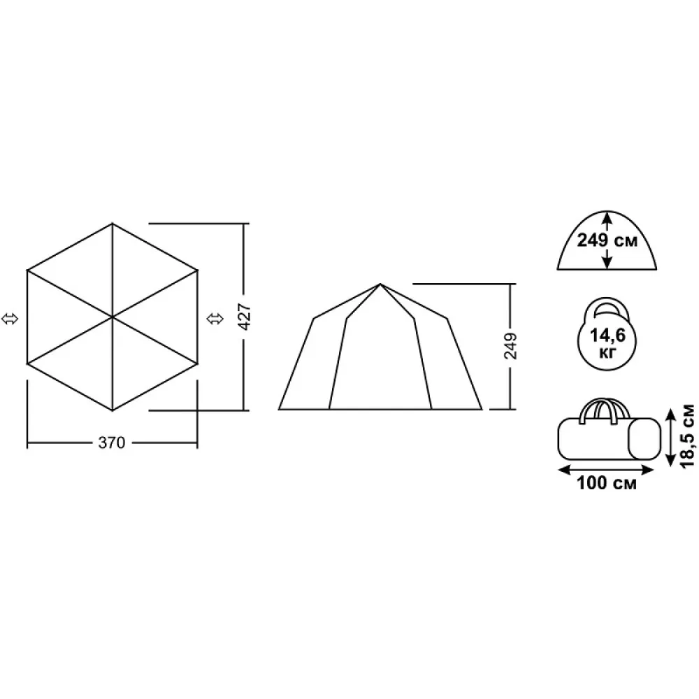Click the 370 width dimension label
[111, 442]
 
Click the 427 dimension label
[245, 317]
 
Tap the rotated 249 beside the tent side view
[511, 345]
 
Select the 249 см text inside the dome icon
[607, 240]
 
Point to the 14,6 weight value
[607, 335]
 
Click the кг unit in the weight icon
[607, 353]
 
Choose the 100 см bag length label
[607, 483]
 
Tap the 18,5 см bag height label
[688, 435]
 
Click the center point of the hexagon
[113, 317]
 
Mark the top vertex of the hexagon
[113, 224]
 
